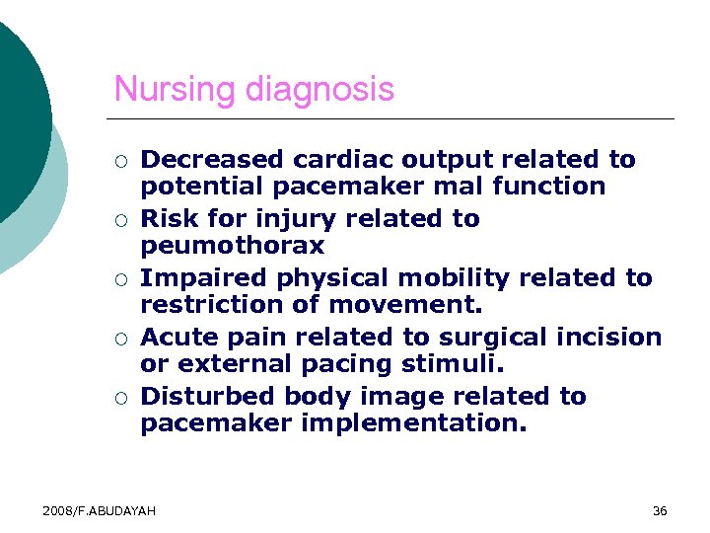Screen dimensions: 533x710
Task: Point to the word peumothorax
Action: (232, 245)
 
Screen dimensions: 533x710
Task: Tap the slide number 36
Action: (660, 510)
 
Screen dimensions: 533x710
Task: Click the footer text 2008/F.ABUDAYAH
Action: (99, 510)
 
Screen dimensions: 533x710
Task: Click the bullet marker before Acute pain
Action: (119, 339)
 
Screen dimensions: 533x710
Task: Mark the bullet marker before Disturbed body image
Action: (119, 398)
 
